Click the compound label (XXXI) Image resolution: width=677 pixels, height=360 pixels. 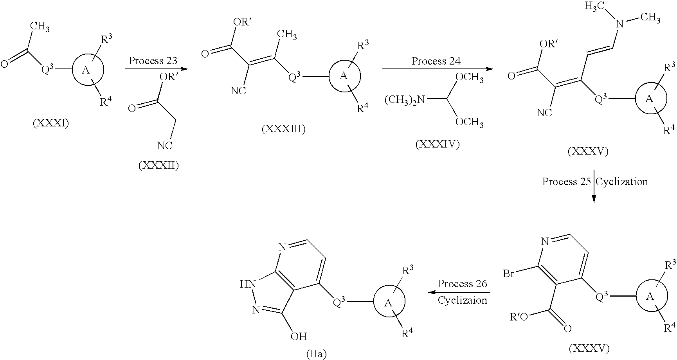click(51, 124)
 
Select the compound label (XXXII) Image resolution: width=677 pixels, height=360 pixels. click(158, 166)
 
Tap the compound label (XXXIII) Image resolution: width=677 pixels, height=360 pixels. click(283, 129)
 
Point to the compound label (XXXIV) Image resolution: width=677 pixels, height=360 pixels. click(438, 144)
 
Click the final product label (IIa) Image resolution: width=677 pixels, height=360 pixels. click(316, 354)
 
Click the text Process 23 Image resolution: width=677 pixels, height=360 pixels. click(153, 61)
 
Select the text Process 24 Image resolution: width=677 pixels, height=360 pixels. click(436, 61)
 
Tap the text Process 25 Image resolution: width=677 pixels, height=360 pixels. click(566, 182)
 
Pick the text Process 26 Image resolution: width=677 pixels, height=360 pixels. click(463, 284)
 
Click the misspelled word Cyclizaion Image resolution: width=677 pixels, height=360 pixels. click(463, 300)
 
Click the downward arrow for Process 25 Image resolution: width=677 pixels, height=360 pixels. click(594, 186)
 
